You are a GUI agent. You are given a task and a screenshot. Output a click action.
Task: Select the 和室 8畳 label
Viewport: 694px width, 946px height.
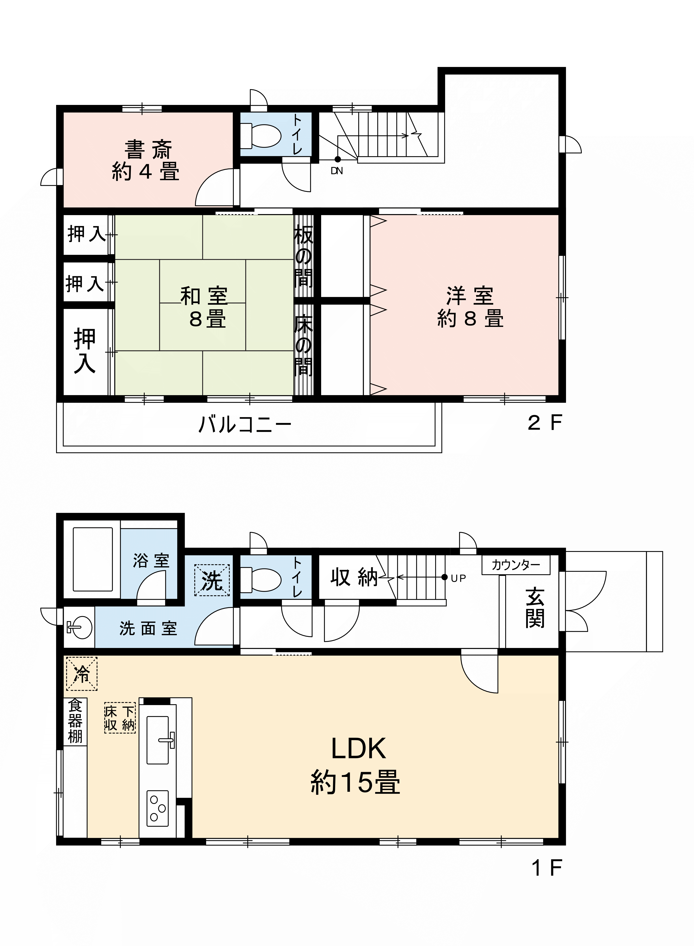205,307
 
